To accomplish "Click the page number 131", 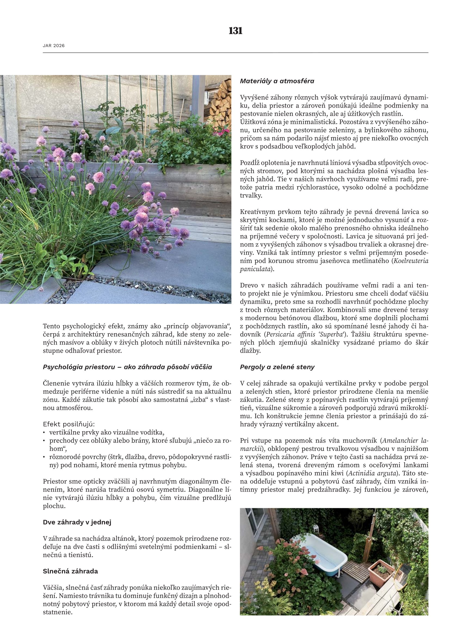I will (236, 31).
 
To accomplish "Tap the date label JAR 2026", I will (54, 46).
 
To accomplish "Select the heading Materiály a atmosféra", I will (277, 81).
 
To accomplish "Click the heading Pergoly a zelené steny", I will (277, 367).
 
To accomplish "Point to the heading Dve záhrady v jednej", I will (77, 522).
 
